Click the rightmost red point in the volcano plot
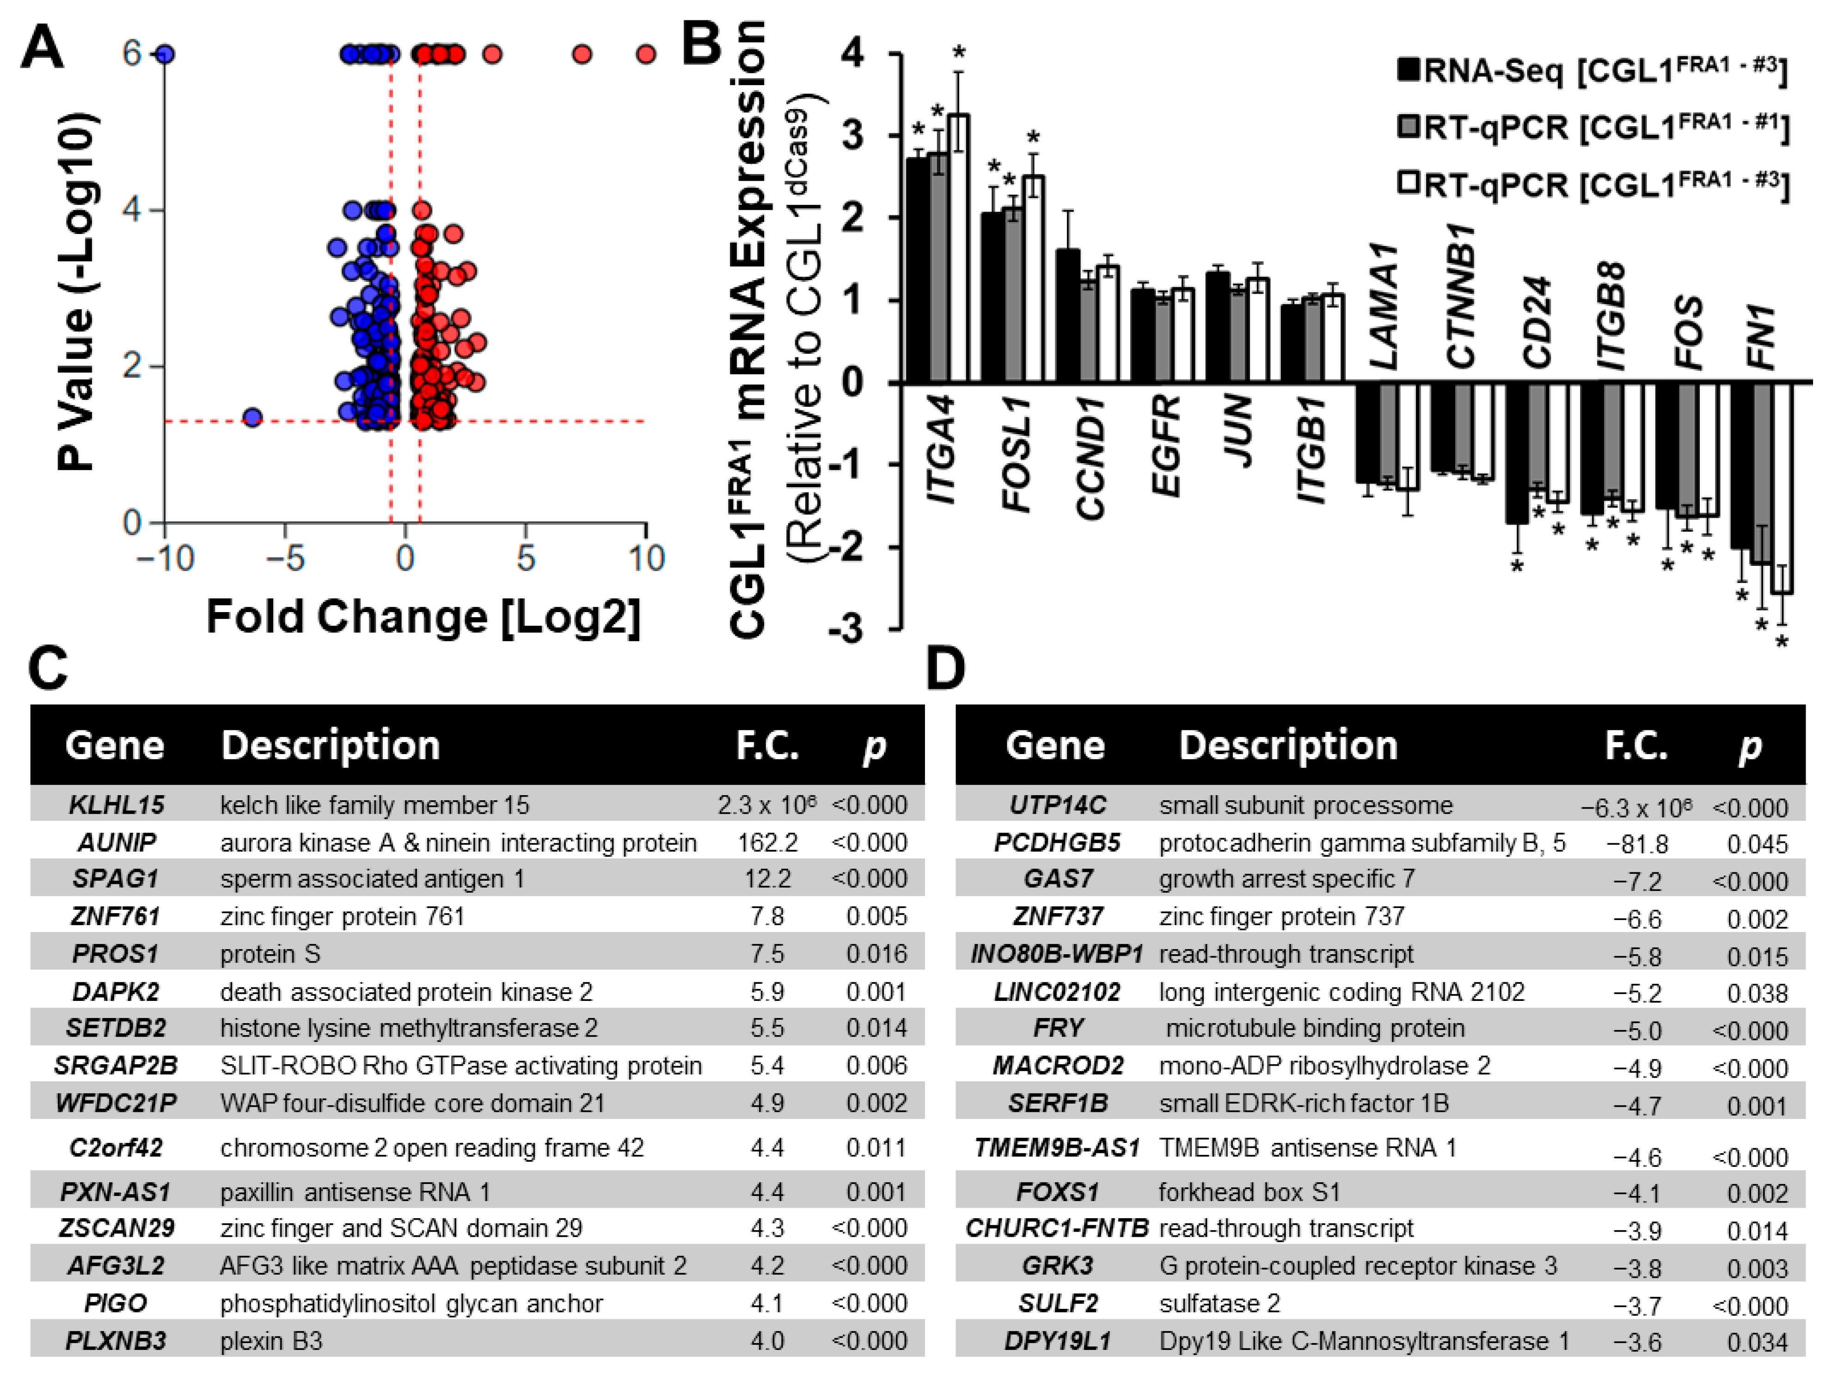pos(646,55)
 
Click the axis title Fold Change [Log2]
pos(423,617)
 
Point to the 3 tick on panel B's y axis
pos(853,135)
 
